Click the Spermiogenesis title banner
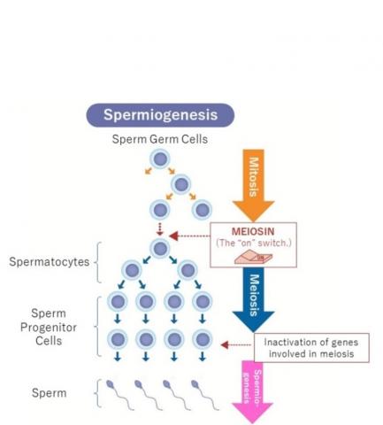point(160,115)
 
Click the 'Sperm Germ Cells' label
point(159,140)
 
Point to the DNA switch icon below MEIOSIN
point(254,256)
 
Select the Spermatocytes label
point(50,262)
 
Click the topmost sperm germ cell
point(160,159)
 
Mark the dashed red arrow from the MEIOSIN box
point(190,236)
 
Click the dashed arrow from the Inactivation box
point(235,344)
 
